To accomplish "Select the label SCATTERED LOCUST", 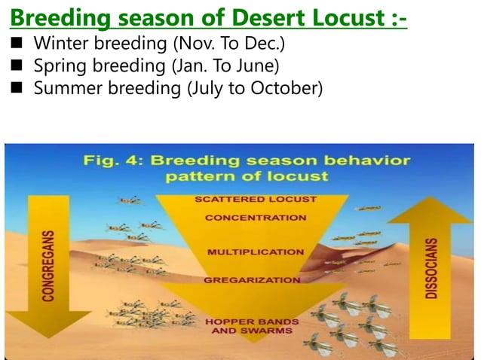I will [x=256, y=200].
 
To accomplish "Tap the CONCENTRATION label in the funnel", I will [x=256, y=218].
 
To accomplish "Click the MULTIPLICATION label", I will [x=255, y=252].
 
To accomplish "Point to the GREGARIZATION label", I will [x=252, y=279].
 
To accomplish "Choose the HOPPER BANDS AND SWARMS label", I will [x=252, y=326].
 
